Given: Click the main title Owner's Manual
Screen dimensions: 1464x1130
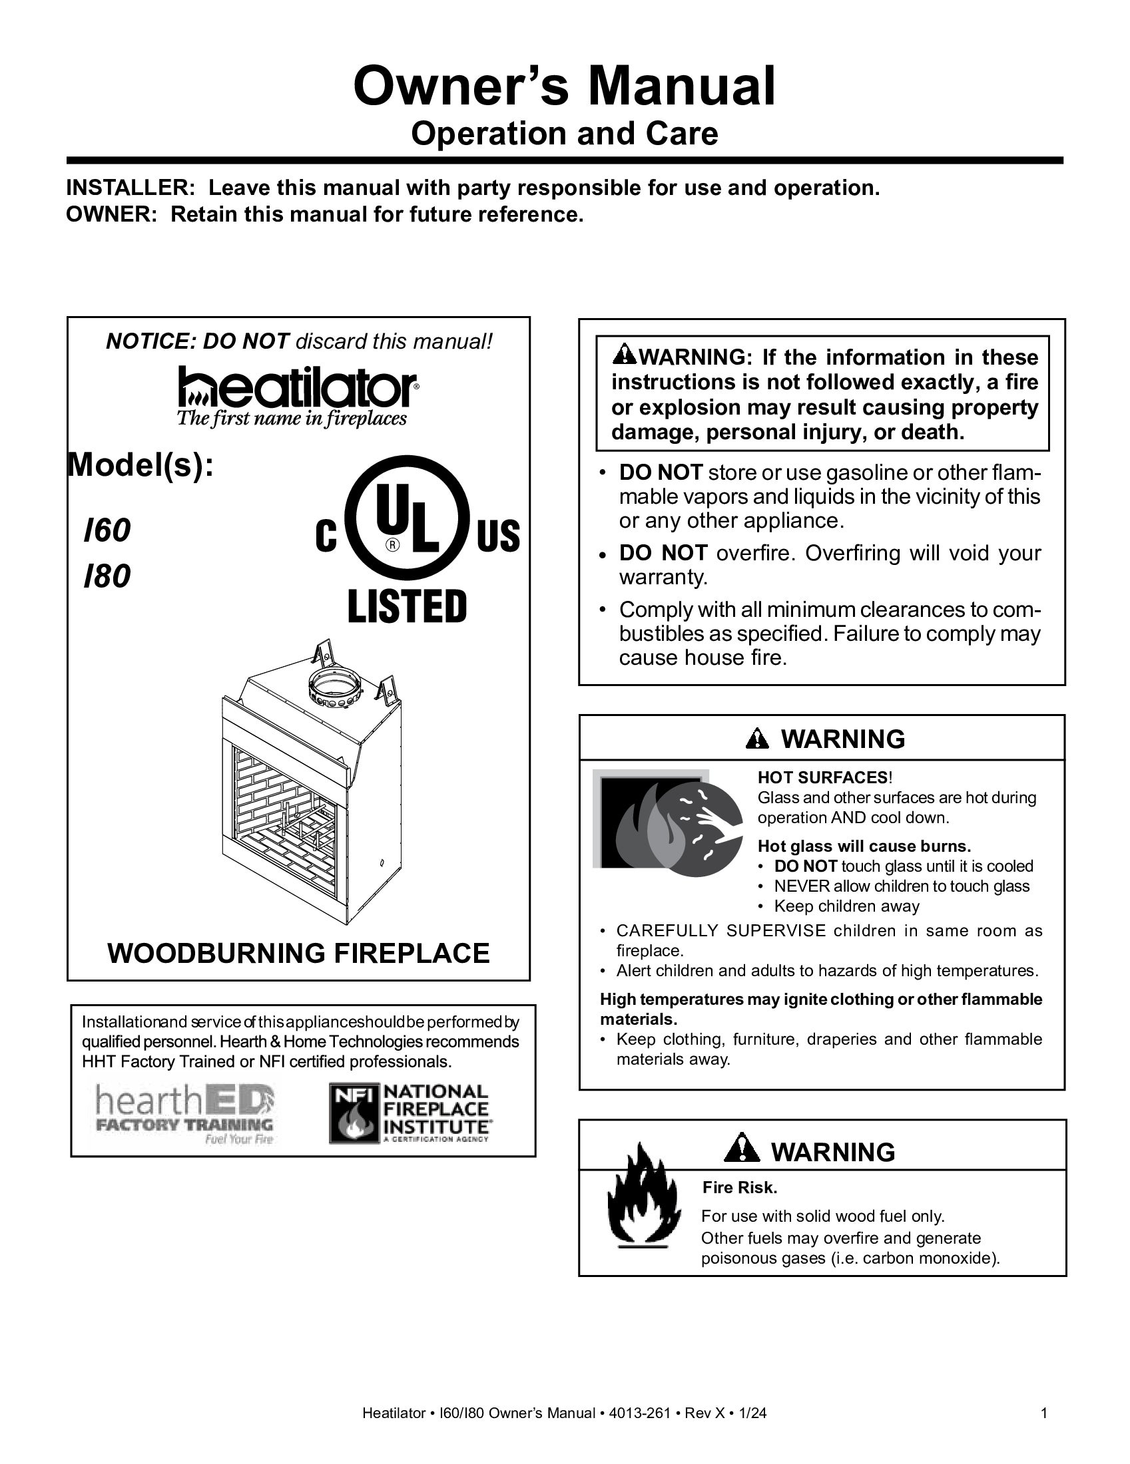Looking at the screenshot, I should pyautogui.click(x=564, y=87).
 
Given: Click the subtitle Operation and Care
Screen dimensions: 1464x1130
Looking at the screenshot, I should pyautogui.click(x=564, y=133).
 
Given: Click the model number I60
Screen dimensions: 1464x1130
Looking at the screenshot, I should pyautogui.click(x=107, y=531).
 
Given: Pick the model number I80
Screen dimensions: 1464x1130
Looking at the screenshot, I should pyautogui.click(x=107, y=576).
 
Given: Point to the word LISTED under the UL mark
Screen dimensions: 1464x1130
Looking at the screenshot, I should pyautogui.click(x=406, y=606).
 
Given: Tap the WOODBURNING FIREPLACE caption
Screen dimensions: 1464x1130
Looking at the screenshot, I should pyautogui.click(x=298, y=953).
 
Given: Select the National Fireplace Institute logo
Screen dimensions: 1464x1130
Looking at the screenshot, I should pyautogui.click(x=410, y=1113).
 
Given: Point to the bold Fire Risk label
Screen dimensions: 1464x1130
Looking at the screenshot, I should pyautogui.click(x=740, y=1188).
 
